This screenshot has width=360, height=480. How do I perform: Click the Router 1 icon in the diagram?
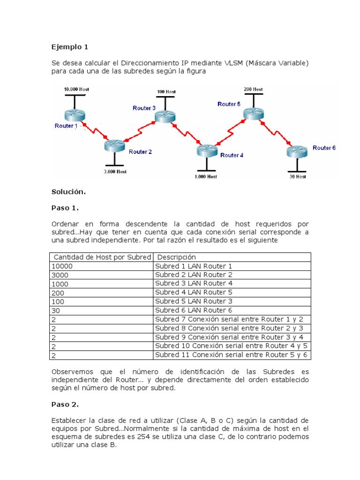coord(74,114)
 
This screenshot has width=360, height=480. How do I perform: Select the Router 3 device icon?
coord(165,116)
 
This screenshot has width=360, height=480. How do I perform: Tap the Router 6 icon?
coord(297,151)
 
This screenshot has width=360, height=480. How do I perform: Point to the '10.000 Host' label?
coord(76,89)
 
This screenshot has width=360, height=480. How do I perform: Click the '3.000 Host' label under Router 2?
coord(115,172)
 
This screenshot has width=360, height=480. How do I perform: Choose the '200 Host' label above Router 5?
coord(253,89)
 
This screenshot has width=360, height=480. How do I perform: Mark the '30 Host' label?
coord(298,177)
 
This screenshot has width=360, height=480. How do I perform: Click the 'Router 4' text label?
coord(232,155)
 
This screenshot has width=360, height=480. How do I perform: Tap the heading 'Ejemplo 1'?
coord(69,47)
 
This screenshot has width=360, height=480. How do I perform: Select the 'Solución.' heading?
coord(68,192)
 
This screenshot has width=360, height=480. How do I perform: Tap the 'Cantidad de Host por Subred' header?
coord(102,257)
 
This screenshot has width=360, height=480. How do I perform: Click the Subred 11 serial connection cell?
coord(232,355)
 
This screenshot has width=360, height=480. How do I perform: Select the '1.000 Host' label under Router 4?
coord(206,177)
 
